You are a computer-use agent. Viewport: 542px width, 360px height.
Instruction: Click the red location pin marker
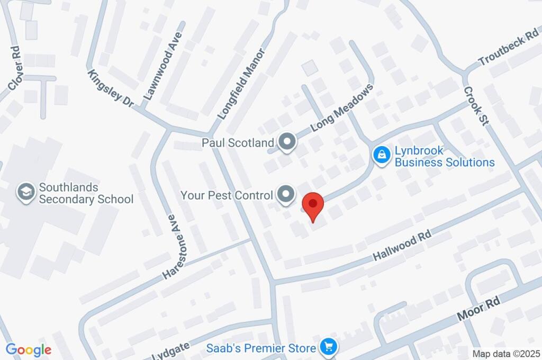click(313, 206)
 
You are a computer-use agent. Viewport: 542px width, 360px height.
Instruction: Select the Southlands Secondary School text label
click(86, 193)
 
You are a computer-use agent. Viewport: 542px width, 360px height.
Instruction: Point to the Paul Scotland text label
click(238, 142)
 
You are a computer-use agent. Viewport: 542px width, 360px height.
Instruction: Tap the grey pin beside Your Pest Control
click(286, 194)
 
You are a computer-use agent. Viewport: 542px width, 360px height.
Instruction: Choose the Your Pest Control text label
click(227, 195)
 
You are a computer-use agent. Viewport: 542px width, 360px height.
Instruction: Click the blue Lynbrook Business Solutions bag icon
click(381, 155)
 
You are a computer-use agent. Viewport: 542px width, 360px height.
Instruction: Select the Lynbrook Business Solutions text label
click(444, 156)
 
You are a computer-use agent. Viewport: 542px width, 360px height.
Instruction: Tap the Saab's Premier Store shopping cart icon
click(329, 348)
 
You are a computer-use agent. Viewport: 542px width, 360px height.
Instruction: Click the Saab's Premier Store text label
click(261, 348)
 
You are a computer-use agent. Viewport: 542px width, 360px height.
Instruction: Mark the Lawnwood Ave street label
click(162, 66)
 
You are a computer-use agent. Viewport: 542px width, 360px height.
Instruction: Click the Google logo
click(29, 349)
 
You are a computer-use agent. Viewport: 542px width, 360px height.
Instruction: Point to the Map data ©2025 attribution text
click(505, 353)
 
